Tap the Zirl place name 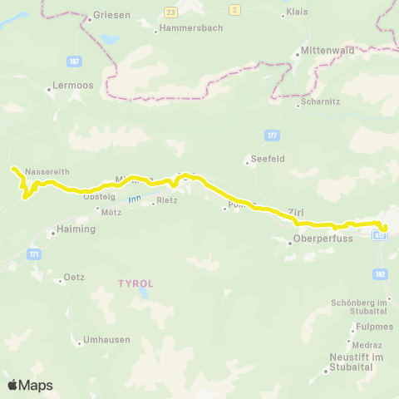(297, 211)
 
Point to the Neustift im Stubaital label (353, 362)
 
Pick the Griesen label (111, 15)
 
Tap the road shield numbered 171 (34, 254)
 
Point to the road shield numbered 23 (171, 13)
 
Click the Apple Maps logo (30, 385)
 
